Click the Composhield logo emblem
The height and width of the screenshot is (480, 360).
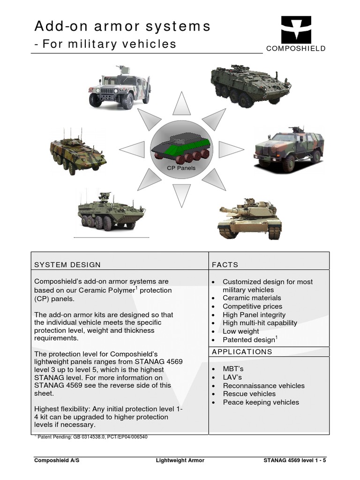click(296, 30)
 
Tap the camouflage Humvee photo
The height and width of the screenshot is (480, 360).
click(120, 87)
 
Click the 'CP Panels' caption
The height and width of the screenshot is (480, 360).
click(181, 167)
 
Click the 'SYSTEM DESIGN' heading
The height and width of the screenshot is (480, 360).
click(67, 264)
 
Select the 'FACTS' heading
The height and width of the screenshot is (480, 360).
click(225, 264)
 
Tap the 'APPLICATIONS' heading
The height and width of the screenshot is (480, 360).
click(242, 352)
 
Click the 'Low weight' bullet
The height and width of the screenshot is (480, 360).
click(240, 331)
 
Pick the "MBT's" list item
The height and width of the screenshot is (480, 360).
click(233, 369)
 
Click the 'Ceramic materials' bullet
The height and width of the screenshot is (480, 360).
click(252, 298)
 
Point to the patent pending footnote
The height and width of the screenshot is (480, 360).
click(93, 437)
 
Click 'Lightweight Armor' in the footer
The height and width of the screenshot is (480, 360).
click(180, 460)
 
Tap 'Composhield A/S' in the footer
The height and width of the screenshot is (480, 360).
click(57, 460)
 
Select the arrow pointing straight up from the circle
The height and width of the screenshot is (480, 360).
click(181, 104)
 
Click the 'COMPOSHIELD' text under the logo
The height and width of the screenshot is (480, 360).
click(296, 49)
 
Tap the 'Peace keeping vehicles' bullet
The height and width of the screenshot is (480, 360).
click(261, 402)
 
